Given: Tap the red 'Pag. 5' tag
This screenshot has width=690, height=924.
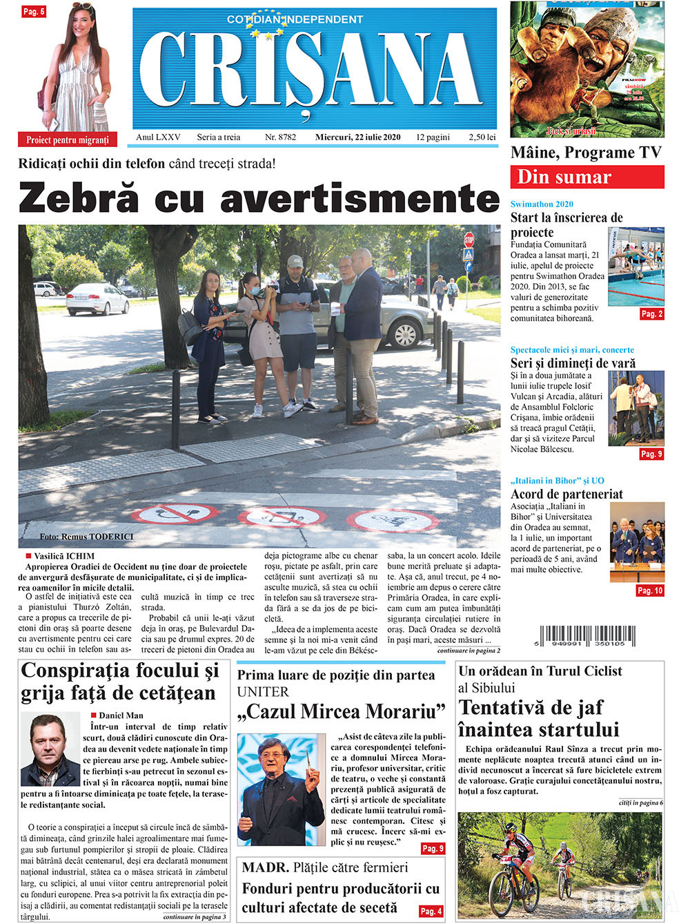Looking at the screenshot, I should (x=32, y=11).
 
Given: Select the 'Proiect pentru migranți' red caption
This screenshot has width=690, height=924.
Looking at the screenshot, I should (x=68, y=139).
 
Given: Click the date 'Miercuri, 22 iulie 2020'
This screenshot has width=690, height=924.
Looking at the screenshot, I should (x=357, y=137).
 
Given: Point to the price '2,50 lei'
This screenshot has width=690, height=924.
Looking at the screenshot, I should (x=482, y=137).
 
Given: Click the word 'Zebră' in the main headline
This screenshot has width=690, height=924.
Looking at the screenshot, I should (x=77, y=199).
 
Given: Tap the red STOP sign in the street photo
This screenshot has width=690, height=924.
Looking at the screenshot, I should (x=469, y=240).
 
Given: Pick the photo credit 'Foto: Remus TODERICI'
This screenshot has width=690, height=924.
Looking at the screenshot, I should (x=86, y=537).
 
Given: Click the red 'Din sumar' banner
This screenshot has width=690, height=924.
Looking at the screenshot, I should (x=586, y=177).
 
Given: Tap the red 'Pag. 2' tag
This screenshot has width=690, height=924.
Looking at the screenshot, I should (x=651, y=314).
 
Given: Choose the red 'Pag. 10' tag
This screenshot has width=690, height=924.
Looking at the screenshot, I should (x=650, y=590).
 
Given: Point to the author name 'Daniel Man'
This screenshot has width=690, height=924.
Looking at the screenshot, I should (x=121, y=715).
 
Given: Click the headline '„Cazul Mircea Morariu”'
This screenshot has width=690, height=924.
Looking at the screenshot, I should (x=341, y=711).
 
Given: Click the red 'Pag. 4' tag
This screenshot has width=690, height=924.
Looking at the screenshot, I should (x=431, y=911).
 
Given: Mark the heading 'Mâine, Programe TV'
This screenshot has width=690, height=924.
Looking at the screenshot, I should (x=586, y=153).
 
